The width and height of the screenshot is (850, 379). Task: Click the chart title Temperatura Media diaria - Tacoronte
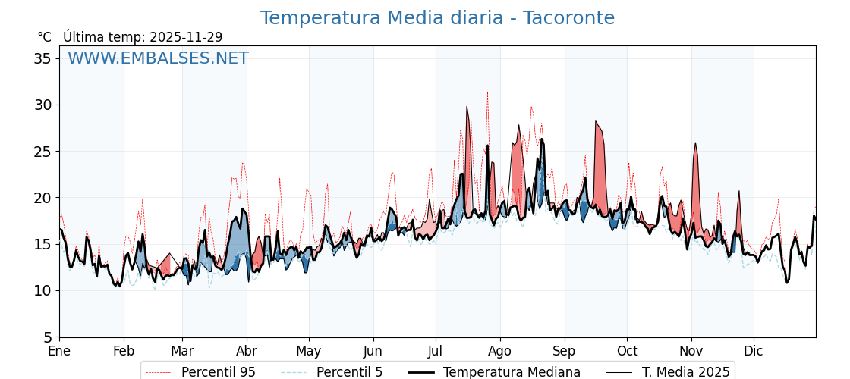coord(437,18)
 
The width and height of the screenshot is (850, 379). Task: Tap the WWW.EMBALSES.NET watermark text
coord(158,58)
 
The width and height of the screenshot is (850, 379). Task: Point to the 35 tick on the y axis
coord(44,58)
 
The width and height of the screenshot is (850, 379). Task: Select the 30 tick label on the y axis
coord(44,105)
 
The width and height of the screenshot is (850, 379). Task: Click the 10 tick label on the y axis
coord(44,290)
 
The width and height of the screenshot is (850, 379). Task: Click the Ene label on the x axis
coord(59,351)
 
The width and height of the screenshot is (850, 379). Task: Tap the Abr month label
coord(247,351)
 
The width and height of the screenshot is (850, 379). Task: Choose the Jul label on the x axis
coord(436,351)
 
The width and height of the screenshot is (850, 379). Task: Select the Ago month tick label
coord(500,351)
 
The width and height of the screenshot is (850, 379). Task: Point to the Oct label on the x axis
coord(627,351)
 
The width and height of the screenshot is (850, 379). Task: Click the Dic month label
coord(754,351)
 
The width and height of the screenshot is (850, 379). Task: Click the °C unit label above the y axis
coord(45,37)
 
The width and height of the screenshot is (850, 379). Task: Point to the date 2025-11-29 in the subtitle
coord(186,37)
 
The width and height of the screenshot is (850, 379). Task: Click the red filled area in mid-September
coord(600,167)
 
